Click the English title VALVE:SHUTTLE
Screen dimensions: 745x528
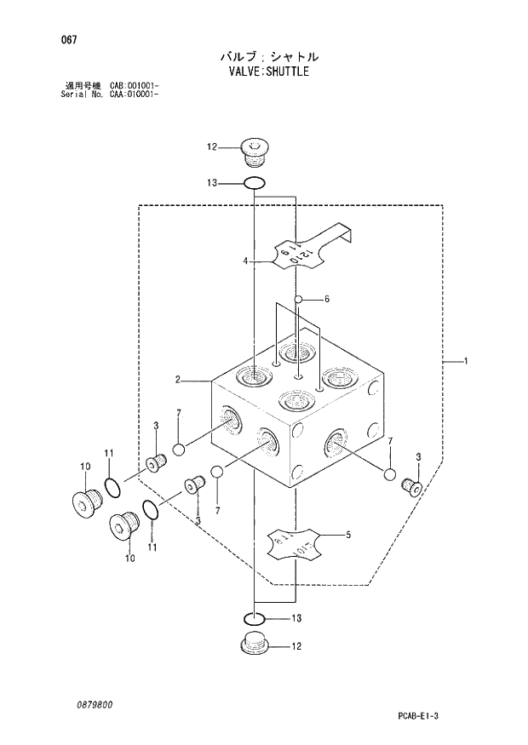coord(268,72)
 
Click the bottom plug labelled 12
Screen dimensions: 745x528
coord(253,645)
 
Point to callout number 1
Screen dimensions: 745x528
coord(467,362)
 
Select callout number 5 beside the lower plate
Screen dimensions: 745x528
coord(347,536)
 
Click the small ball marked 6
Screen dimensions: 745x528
coord(298,299)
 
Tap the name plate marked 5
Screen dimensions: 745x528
coord(295,543)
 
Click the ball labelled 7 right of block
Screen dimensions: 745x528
coord(390,475)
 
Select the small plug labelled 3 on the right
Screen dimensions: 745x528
coord(411,486)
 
